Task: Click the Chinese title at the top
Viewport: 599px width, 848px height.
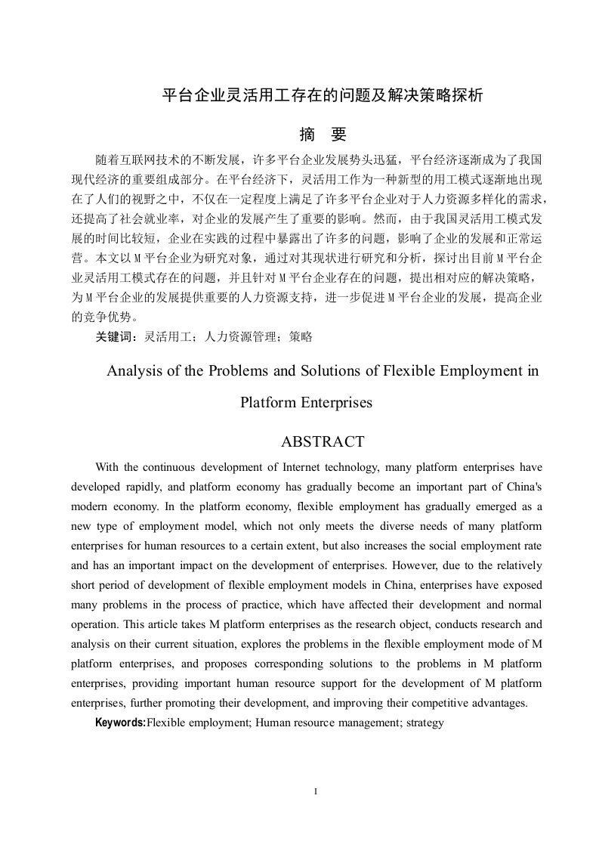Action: [x=323, y=96]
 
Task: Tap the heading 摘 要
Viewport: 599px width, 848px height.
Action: [x=323, y=135]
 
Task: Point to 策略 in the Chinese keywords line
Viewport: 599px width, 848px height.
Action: [x=301, y=337]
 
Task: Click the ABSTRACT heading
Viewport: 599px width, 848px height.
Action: [x=323, y=441]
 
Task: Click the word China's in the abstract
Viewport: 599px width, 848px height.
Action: [x=523, y=487]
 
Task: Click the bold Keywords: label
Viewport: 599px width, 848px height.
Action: [x=120, y=723]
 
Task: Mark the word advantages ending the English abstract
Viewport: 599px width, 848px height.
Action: [x=499, y=703]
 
